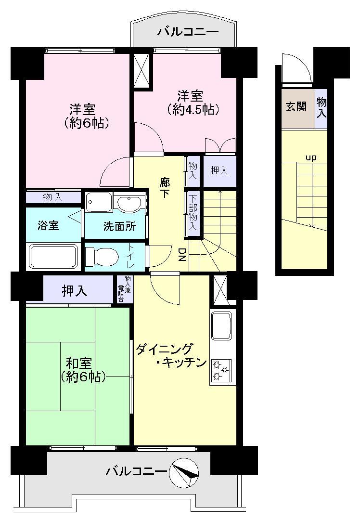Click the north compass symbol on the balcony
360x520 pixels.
[x=184, y=473]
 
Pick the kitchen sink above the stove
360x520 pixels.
[x=222, y=325]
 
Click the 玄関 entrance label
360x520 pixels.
[x=296, y=107]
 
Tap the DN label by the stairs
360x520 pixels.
[x=182, y=255]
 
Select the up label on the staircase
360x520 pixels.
[x=311, y=157]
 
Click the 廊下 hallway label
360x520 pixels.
[x=165, y=188]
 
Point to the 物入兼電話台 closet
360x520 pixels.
[x=125, y=289]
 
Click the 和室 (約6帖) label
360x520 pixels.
[x=83, y=370]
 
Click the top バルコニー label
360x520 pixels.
[x=188, y=32]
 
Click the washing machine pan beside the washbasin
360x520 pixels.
[x=99, y=202]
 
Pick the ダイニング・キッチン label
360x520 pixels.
[x=171, y=355]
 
